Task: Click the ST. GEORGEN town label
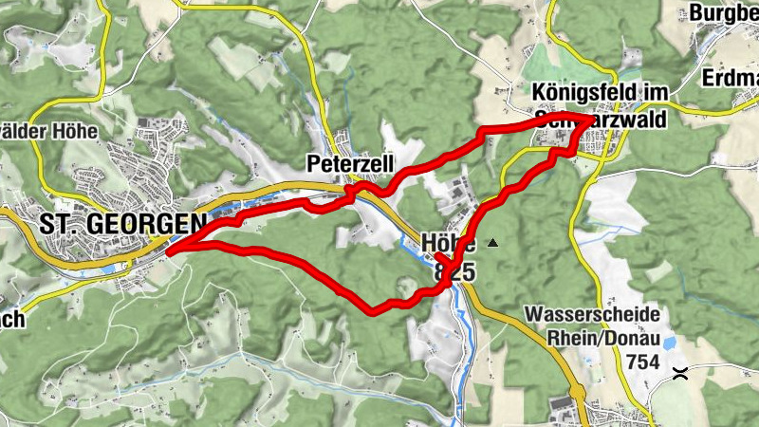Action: click(x=122, y=224)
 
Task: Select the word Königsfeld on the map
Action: click(x=580, y=93)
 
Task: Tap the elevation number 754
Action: click(x=643, y=362)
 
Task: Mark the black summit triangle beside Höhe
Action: click(x=491, y=244)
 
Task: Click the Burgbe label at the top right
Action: click(x=724, y=12)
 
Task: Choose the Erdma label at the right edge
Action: click(x=731, y=77)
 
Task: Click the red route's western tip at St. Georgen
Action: click(x=168, y=252)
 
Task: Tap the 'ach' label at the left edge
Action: click(x=12, y=319)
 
